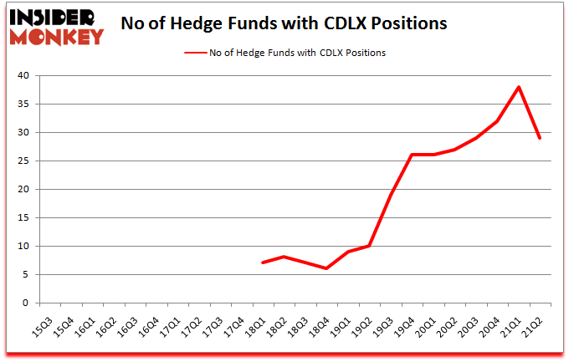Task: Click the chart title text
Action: [284, 23]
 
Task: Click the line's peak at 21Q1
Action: [519, 87]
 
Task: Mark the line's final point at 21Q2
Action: [541, 138]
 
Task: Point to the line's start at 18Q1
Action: [263, 263]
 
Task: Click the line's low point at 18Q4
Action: [327, 268]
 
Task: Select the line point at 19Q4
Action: [413, 155]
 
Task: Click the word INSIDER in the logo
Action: [55, 17]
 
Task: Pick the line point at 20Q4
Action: [498, 121]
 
